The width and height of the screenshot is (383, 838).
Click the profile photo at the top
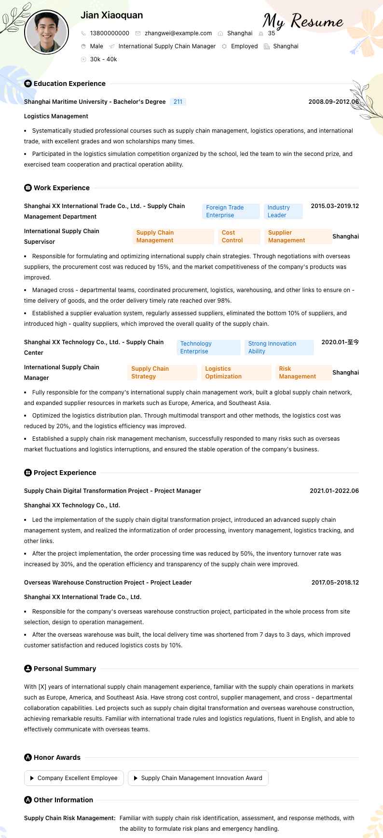tap(46, 32)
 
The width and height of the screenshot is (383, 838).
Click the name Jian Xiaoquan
tap(111, 15)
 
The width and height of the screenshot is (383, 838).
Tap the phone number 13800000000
tap(109, 33)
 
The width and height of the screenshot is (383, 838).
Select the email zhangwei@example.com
tap(178, 33)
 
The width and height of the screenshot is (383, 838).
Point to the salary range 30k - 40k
tap(103, 59)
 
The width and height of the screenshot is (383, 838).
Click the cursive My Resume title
tap(303, 22)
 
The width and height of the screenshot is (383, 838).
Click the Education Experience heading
tap(69, 84)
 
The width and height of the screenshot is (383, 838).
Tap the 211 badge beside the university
tap(178, 102)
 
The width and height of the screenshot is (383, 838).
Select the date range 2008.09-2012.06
tap(333, 102)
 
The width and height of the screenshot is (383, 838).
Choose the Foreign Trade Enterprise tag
tap(230, 211)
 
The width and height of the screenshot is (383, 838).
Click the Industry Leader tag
tap(283, 211)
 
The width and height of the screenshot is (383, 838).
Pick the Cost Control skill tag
tap(239, 237)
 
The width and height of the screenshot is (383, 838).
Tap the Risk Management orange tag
tap(303, 373)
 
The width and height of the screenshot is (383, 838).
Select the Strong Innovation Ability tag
tap(278, 348)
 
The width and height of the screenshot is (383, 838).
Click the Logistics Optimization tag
tap(236, 373)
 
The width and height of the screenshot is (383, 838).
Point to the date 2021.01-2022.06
tap(334, 491)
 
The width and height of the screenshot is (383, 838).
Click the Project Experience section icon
tap(28, 473)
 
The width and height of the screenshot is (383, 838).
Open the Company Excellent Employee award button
tap(74, 778)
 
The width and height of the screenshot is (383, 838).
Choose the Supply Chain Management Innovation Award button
tap(198, 778)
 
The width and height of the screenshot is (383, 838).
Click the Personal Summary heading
tap(65, 669)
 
